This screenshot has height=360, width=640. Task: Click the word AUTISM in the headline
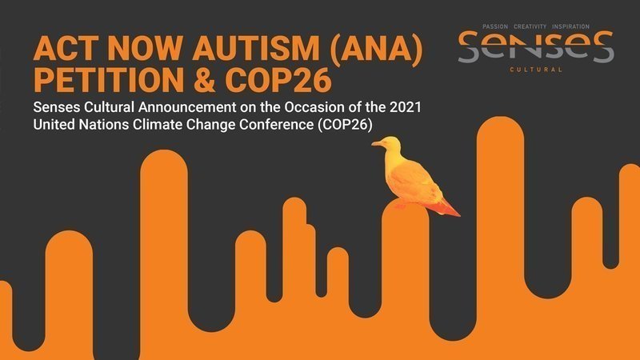click(255, 49)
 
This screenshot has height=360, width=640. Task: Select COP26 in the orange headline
click(278, 80)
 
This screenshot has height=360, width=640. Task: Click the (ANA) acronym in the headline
click(375, 50)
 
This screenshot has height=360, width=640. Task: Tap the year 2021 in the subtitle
click(406, 107)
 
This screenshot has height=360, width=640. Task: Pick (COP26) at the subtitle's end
click(345, 125)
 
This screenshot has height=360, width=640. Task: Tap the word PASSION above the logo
click(495, 26)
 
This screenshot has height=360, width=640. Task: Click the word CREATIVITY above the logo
click(530, 26)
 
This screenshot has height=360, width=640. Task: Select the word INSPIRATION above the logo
click(570, 26)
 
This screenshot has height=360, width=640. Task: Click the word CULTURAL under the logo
click(536, 70)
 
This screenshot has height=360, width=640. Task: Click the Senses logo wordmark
click(536, 47)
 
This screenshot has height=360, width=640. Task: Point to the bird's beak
click(376, 143)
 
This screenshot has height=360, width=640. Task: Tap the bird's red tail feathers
click(446, 207)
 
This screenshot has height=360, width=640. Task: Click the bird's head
click(390, 144)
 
